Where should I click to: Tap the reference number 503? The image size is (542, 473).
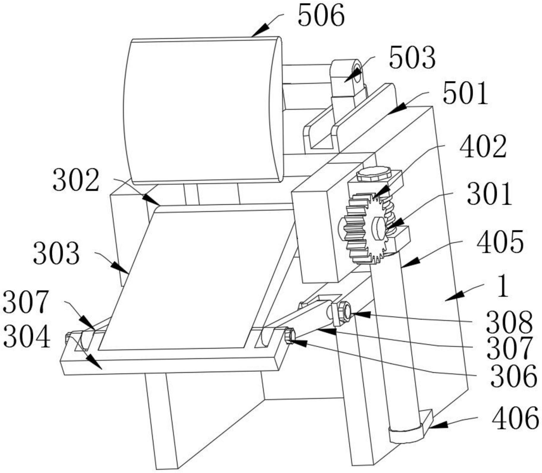412,58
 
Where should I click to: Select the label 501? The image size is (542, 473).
465,93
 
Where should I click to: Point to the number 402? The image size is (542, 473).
483,146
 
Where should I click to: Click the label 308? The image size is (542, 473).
509,322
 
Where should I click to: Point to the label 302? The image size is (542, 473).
76,180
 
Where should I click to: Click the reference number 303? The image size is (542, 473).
56,253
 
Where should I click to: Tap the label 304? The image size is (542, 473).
27,337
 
